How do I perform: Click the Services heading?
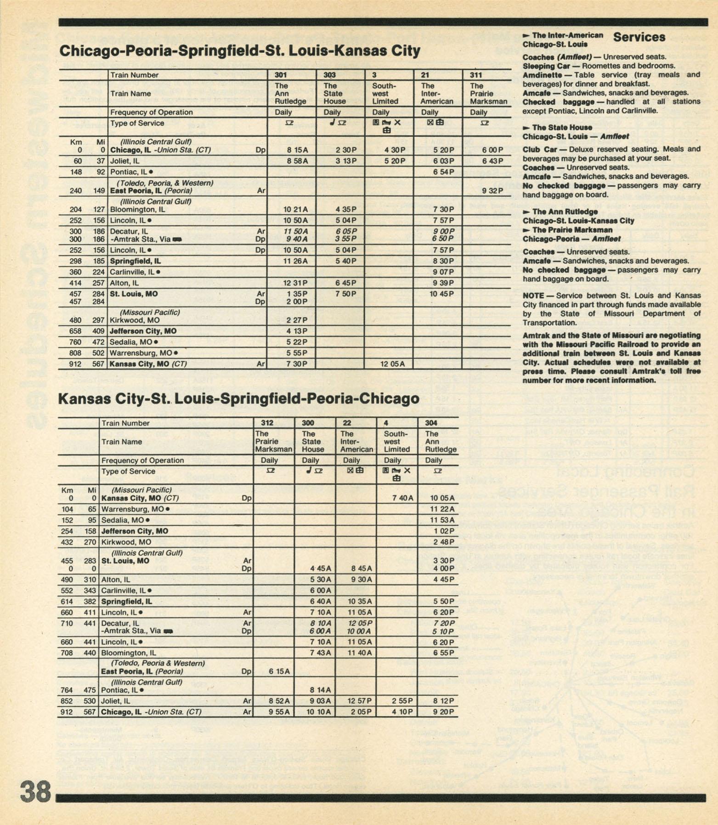[639, 37]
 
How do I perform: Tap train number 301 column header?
[281, 75]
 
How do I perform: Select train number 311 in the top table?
[476, 75]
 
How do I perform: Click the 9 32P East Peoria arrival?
[492, 190]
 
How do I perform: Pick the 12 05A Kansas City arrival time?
[392, 364]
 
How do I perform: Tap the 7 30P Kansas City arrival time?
[297, 364]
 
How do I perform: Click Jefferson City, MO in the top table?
[143, 331]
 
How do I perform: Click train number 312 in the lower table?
[267, 423]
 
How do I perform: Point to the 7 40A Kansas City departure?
[403, 498]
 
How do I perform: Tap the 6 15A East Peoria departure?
[279, 671]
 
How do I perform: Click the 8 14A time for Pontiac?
[320, 690]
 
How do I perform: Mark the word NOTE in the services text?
[533, 296]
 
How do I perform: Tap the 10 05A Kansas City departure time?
[443, 498]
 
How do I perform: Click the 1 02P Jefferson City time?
[444, 531]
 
